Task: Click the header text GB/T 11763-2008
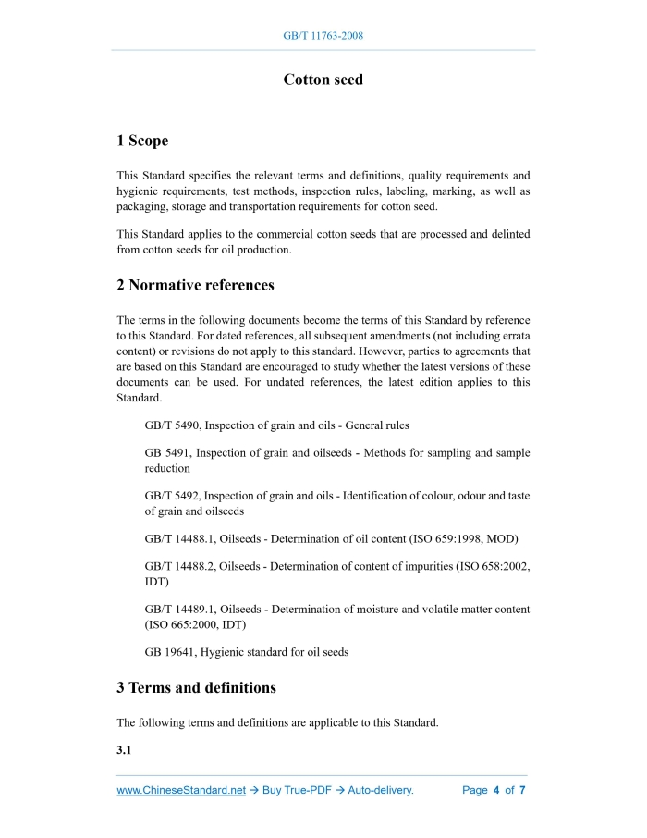click(x=323, y=36)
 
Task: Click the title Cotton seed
click(x=323, y=80)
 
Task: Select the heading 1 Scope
click(x=142, y=141)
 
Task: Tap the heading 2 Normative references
click(x=195, y=285)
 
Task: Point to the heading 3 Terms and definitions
click(x=196, y=688)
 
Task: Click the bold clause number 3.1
click(x=124, y=750)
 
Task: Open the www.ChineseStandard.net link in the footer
click(x=181, y=791)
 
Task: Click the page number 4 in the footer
click(x=496, y=791)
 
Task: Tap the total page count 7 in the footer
click(x=522, y=791)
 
